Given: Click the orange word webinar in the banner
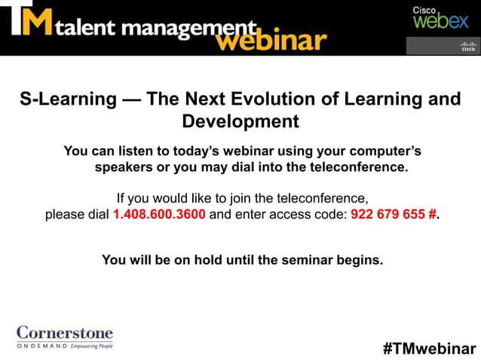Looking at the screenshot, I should pyautogui.click(x=271, y=40).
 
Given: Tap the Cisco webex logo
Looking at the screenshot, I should pyautogui.click(x=440, y=18).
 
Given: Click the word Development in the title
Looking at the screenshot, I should pyautogui.click(x=240, y=121).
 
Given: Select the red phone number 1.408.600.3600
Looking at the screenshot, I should pyautogui.click(x=159, y=214).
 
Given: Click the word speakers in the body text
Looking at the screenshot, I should pyautogui.click(x=122, y=167).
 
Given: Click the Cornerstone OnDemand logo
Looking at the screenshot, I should pyautogui.click(x=65, y=337).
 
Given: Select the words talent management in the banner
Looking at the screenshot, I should pyautogui.click(x=150, y=29).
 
